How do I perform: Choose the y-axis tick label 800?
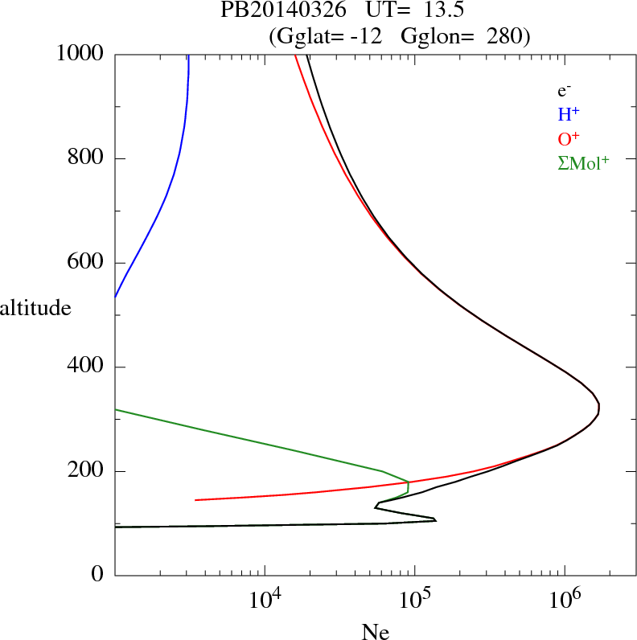(88, 158)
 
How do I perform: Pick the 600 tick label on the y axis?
(88, 263)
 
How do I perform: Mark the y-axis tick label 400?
(88, 367)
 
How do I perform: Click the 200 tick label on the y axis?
(88, 471)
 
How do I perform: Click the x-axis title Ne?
(375, 631)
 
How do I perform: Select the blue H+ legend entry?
(569, 114)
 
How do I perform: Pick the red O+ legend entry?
(569, 138)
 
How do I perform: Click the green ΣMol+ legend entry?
(583, 163)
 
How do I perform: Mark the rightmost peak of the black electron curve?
(599, 410)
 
